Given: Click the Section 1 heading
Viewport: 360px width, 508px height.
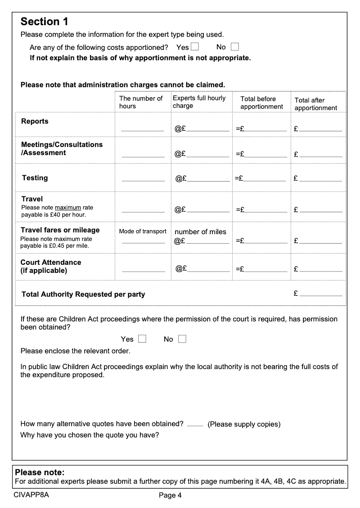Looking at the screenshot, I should pyautogui.click(x=45, y=22).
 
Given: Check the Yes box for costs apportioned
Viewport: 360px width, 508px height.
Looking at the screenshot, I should pyautogui.click(x=195, y=47).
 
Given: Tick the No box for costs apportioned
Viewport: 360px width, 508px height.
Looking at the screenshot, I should pyautogui.click(x=235, y=47).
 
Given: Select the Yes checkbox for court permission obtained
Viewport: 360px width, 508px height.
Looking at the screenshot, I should pyautogui.click(x=142, y=339).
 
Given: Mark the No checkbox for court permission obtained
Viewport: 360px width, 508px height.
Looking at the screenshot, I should pyautogui.click(x=182, y=339).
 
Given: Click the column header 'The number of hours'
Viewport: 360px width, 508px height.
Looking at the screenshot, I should pyautogui.click(x=141, y=102).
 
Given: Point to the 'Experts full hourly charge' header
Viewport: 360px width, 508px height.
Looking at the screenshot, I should pyautogui.click(x=199, y=102).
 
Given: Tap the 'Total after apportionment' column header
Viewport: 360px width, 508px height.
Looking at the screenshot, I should pyautogui.click(x=315, y=104).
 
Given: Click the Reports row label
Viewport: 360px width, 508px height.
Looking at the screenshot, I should pyautogui.click(x=35, y=121).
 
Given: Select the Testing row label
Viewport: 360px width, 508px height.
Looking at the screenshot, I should pyautogui.click(x=35, y=178).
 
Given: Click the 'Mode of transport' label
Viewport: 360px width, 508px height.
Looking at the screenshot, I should pyautogui.click(x=143, y=232).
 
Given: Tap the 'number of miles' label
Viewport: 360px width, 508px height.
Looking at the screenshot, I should pyautogui.click(x=200, y=232).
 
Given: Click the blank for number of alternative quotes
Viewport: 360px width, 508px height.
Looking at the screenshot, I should pyautogui.click(x=195, y=424).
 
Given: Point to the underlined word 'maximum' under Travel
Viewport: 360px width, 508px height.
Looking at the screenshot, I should pyautogui.click(x=68, y=208).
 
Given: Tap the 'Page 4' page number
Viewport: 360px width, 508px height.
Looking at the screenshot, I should pyautogui.click(x=170, y=496).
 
